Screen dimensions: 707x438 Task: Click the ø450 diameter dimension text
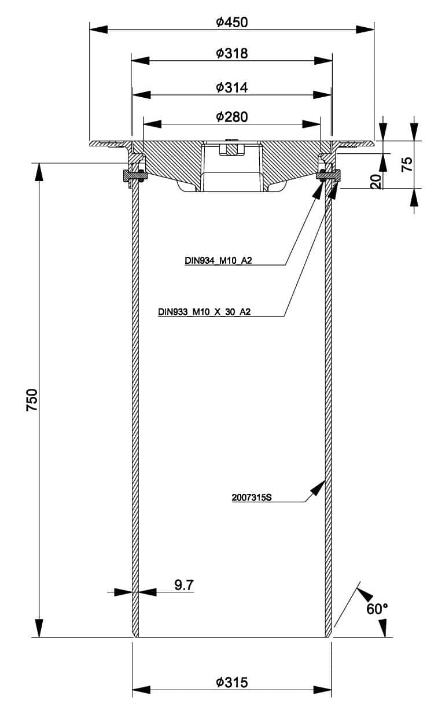tap(231, 23)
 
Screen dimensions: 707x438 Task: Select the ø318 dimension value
tap(231, 53)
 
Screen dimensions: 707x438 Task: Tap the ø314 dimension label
tap(231, 87)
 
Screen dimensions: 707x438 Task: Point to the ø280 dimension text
tap(231, 117)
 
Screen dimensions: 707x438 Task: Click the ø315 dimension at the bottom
tap(231, 683)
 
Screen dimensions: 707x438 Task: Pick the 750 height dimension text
tap(32, 400)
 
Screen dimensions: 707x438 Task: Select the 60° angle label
tap(377, 609)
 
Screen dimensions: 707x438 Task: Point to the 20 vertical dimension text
tap(376, 181)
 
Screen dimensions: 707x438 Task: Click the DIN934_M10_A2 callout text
tap(219, 260)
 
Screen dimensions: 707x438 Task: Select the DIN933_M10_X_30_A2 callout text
tap(204, 312)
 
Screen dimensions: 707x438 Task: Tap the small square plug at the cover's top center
tap(231, 148)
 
